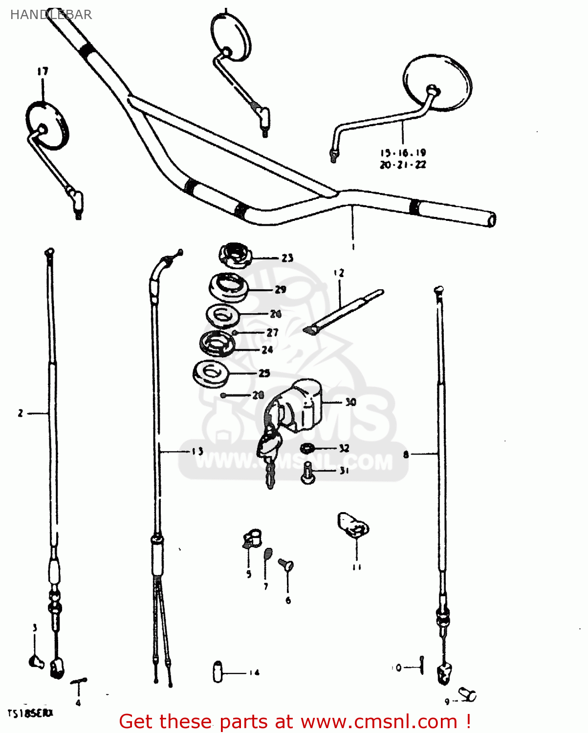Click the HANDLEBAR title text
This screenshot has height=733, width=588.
[x=51, y=15]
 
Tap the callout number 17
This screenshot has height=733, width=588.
[x=43, y=71]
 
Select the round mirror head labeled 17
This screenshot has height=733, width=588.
[x=47, y=125]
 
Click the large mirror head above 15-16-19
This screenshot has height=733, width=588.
[x=437, y=82]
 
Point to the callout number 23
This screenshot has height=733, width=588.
[x=287, y=258]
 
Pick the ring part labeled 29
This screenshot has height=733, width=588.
[x=229, y=288]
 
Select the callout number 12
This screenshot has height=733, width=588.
[x=339, y=273]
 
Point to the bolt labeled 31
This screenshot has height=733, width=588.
[x=307, y=473]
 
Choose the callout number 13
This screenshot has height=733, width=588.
[x=197, y=451]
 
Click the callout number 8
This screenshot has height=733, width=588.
[x=406, y=454]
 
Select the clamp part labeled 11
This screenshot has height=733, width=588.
[x=353, y=525]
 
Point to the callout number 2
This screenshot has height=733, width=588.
[x=21, y=413]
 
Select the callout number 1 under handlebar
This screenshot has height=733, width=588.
[x=353, y=247]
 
